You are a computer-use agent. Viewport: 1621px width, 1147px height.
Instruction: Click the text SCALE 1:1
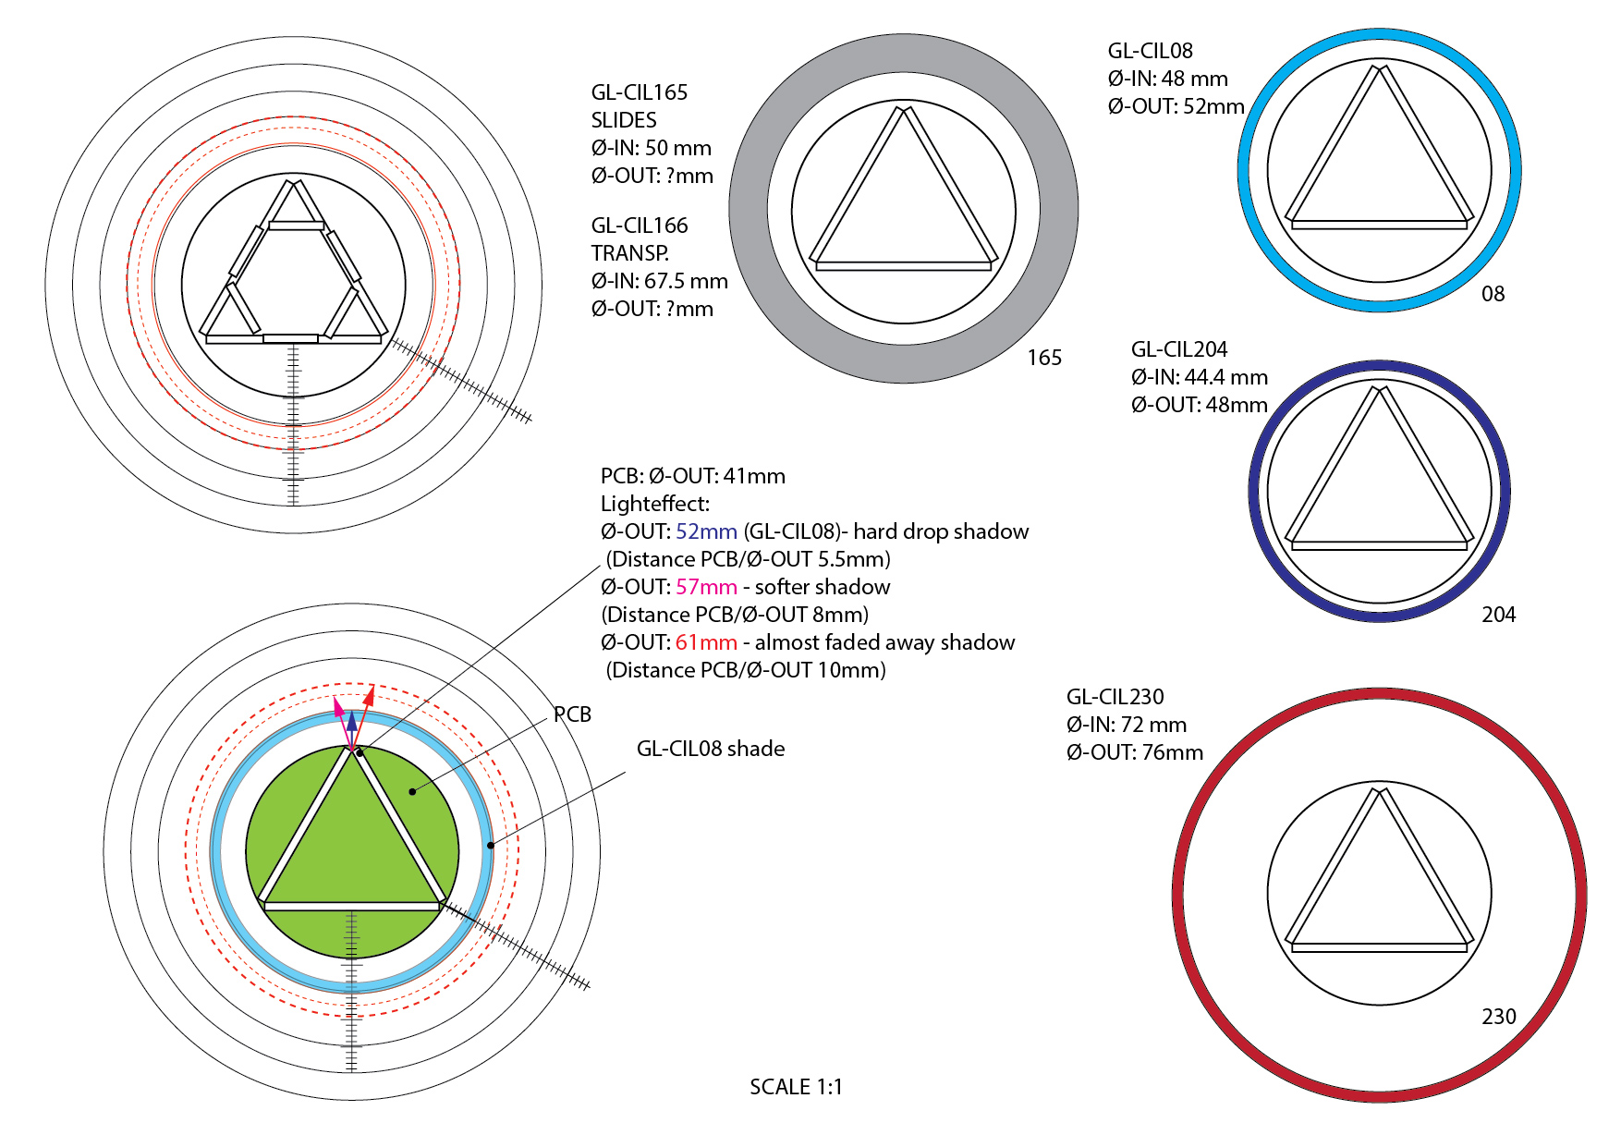796,1087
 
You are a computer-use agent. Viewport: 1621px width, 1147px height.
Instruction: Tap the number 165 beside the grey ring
1044,358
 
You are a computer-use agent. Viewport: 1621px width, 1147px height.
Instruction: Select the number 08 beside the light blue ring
1493,294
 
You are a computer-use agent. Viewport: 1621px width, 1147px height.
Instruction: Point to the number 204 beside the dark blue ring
1498,615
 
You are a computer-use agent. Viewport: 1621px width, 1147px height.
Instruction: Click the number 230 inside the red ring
1498,1017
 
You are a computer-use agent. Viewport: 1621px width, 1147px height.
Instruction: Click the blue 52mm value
706,531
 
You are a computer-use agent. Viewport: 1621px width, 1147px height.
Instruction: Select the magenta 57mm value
706,587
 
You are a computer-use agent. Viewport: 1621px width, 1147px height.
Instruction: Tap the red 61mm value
706,642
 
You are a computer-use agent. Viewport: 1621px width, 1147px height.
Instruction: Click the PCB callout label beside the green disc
572,714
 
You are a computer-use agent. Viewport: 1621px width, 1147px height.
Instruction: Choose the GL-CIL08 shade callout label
711,749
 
